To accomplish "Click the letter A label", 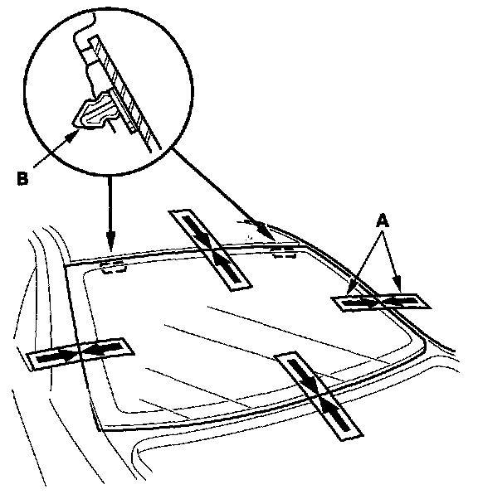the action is click(x=383, y=220).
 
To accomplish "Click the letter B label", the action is click(x=22, y=178).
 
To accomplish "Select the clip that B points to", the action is click(x=95, y=111).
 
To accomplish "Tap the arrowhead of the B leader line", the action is click(x=73, y=135).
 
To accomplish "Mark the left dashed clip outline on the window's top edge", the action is click(x=113, y=267).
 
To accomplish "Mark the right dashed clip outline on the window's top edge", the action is click(x=285, y=251).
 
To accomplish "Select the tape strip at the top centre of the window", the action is click(x=210, y=249).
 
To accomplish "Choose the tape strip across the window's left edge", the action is click(x=80, y=354).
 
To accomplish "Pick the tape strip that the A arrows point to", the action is click(x=381, y=302).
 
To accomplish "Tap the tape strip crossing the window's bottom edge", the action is click(x=318, y=395).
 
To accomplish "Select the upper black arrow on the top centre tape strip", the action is click(x=197, y=230).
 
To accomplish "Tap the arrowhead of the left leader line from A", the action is click(x=350, y=289).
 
